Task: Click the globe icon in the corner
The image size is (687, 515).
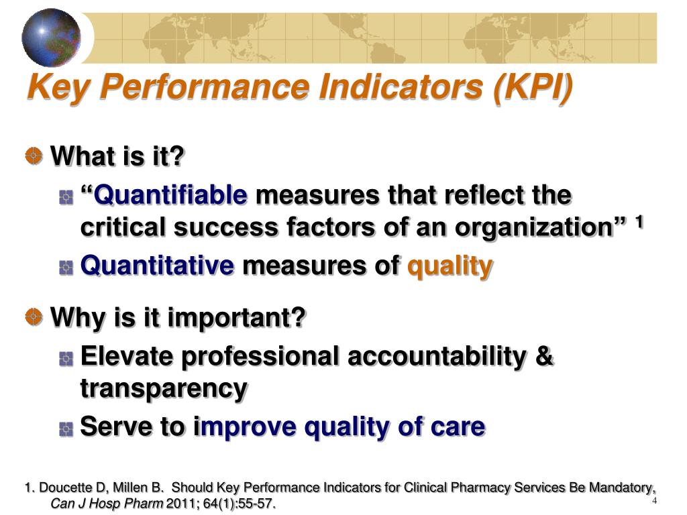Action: tap(50, 38)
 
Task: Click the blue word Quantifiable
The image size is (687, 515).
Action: tap(170, 196)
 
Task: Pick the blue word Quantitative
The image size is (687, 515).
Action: tap(157, 266)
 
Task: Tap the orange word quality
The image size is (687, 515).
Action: tap(450, 266)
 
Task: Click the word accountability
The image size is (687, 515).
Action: tap(436, 356)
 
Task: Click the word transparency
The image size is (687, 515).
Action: tap(164, 388)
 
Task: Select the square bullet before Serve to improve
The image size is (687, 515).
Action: tap(66, 428)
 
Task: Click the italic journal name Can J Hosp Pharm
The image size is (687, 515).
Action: tap(107, 503)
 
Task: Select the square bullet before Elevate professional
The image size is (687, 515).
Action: tap(66, 357)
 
